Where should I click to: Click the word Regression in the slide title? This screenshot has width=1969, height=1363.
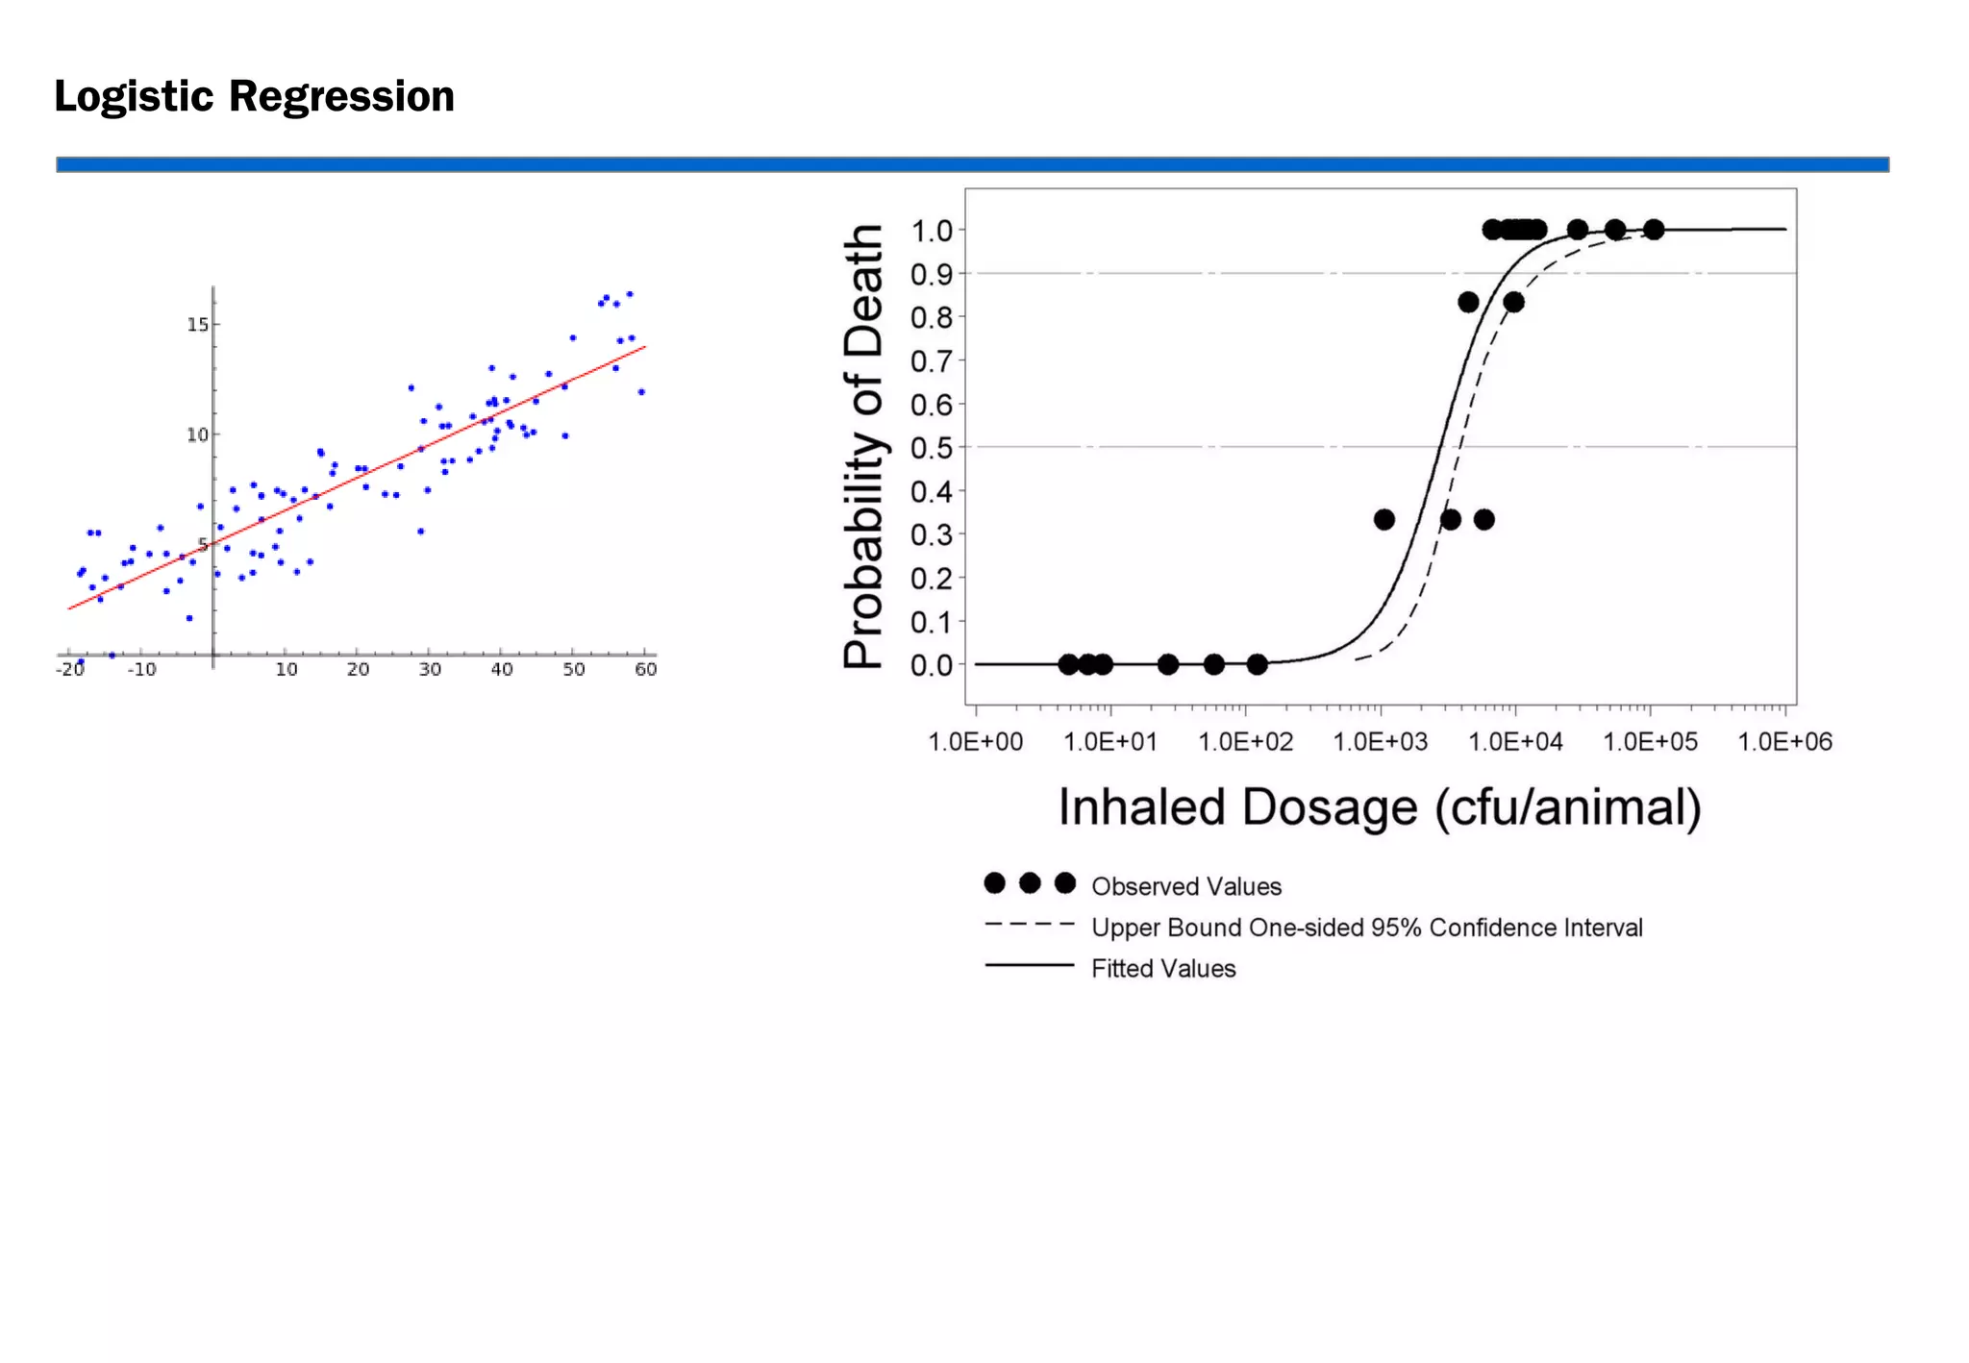point(341,97)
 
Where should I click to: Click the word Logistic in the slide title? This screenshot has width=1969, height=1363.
point(134,97)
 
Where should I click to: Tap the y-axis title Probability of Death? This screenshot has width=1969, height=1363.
point(862,446)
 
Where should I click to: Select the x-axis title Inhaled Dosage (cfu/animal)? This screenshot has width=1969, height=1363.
point(1380,807)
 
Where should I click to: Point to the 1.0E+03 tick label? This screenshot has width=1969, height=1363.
point(1380,742)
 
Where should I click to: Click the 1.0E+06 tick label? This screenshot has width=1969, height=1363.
point(1784,742)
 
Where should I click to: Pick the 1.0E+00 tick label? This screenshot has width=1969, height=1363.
point(975,742)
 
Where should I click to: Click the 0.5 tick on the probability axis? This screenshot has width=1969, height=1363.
point(931,448)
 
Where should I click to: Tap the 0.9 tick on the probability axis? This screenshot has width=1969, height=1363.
point(931,275)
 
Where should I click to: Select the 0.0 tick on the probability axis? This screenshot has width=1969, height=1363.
point(931,665)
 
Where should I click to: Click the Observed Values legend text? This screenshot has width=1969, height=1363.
point(1186,886)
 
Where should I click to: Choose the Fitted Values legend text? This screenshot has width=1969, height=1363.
point(1163,969)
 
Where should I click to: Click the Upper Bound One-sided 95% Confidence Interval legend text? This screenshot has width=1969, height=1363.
point(1366,928)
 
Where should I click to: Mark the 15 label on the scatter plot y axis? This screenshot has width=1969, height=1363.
point(197,325)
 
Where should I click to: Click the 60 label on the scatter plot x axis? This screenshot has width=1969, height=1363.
point(646,670)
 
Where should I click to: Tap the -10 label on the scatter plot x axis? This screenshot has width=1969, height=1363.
point(141,670)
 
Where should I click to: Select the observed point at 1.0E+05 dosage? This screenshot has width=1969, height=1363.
point(1653,230)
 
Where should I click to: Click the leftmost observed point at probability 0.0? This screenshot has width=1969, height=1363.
point(1068,664)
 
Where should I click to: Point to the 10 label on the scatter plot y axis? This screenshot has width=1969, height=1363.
point(197,435)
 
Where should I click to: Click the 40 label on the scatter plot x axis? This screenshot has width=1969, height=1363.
point(502,670)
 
